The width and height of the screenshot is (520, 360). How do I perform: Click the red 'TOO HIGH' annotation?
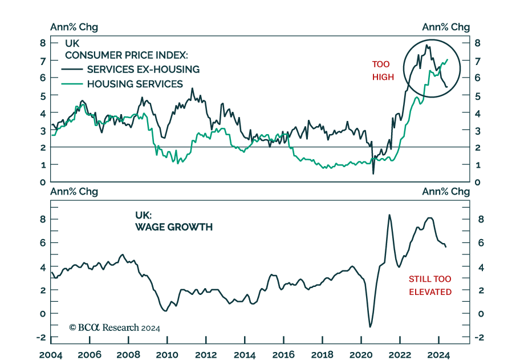click(x=383, y=71)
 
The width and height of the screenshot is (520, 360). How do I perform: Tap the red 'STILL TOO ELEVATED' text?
click(x=430, y=285)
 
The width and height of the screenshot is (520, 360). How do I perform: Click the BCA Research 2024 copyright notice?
click(x=115, y=327)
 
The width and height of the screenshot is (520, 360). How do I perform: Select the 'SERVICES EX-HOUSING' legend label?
click(x=143, y=70)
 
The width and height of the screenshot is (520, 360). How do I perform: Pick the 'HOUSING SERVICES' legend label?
click(x=135, y=84)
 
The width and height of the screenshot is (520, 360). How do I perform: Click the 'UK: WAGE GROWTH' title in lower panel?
click(x=173, y=221)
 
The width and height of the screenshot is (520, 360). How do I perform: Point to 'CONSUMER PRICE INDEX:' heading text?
click(x=126, y=55)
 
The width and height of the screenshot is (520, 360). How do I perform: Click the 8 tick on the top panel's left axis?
click(x=42, y=43)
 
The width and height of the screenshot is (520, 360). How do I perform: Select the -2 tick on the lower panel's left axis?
click(x=41, y=337)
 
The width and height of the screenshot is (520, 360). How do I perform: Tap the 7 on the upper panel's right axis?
click(x=478, y=60)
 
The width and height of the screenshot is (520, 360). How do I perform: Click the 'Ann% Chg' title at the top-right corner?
click(x=445, y=27)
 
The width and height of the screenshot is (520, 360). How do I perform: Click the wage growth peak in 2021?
click(x=389, y=215)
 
